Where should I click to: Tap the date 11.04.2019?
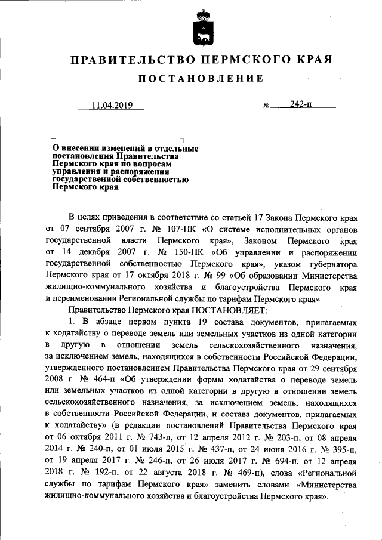click(110, 106)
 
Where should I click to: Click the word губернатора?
click(331, 263)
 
